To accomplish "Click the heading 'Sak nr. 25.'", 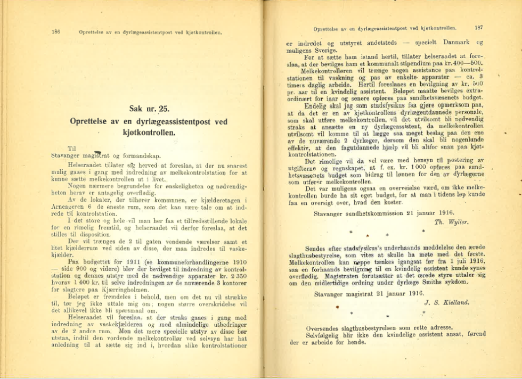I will click(x=149, y=109).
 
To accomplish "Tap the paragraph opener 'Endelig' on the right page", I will click(x=317, y=105).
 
